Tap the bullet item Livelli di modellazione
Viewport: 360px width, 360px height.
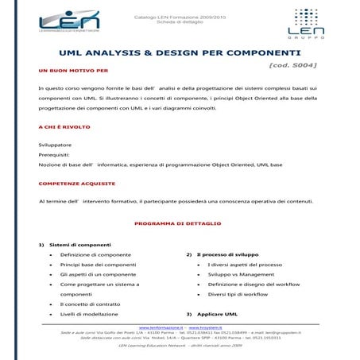click(94, 314)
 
